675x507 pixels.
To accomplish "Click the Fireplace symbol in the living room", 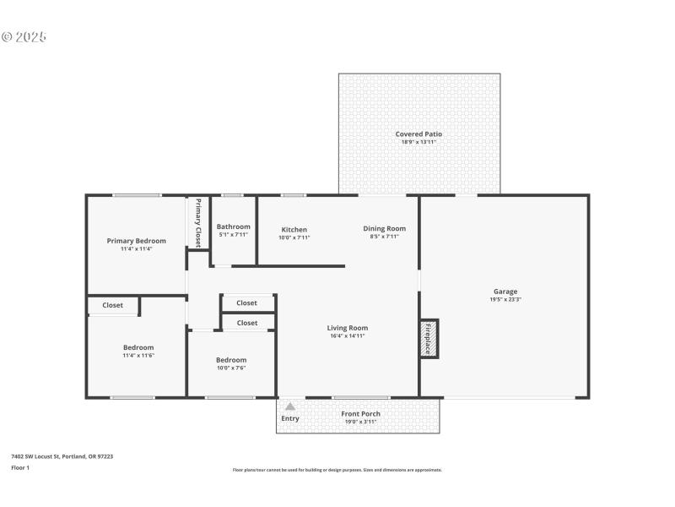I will pos(429,338).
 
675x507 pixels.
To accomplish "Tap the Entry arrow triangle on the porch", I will pos(290,406).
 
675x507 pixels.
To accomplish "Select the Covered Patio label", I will pos(418,134).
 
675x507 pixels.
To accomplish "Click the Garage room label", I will pos(505,292).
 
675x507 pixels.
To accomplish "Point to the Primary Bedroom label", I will pos(136,241).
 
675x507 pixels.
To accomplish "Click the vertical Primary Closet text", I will pos(198,221).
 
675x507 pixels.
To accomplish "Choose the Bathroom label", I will pos(233,226).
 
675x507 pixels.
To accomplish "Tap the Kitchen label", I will pos(294,230).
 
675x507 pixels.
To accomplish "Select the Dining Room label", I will pos(385,228).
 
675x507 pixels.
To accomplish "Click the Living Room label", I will pos(348,328).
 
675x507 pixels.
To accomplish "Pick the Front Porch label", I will pos(360,414).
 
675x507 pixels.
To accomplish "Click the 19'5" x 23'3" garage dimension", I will pos(505,300).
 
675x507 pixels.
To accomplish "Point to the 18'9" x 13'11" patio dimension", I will pos(418,142).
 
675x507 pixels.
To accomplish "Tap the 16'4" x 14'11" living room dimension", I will pos(348,335).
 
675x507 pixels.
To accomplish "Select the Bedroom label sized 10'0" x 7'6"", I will pos(231,360).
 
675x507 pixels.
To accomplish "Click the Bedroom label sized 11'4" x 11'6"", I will pos(138,347).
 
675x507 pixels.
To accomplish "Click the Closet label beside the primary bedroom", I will pos(112,305).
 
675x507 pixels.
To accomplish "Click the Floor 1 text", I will pos(20,467).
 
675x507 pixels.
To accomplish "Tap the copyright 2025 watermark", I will pos(24,37).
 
